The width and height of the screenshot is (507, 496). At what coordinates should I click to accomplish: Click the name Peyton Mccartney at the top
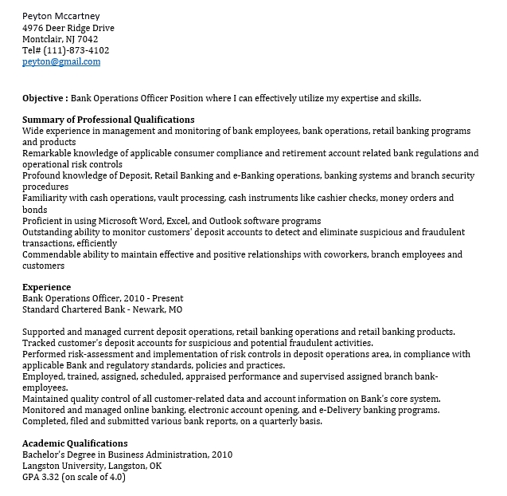coord(60,16)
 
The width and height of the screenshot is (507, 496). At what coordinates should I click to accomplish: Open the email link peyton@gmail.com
coord(61,61)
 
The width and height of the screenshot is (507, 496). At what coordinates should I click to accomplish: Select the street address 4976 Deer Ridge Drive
coord(68,28)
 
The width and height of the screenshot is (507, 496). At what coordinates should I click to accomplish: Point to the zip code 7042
coord(88,39)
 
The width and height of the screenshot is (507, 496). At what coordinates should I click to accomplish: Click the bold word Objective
coord(44,98)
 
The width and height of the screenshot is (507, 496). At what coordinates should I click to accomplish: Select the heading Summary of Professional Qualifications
coord(108,120)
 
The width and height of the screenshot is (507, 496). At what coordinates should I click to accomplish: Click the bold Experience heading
coord(46,287)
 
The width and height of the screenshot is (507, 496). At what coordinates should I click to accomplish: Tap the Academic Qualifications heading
coord(75,443)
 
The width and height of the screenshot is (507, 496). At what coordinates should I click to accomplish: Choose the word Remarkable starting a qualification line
coord(51,153)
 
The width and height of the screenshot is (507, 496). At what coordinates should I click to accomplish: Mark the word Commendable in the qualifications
coord(53,254)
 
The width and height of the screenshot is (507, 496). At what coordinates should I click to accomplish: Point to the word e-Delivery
coord(343,410)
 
